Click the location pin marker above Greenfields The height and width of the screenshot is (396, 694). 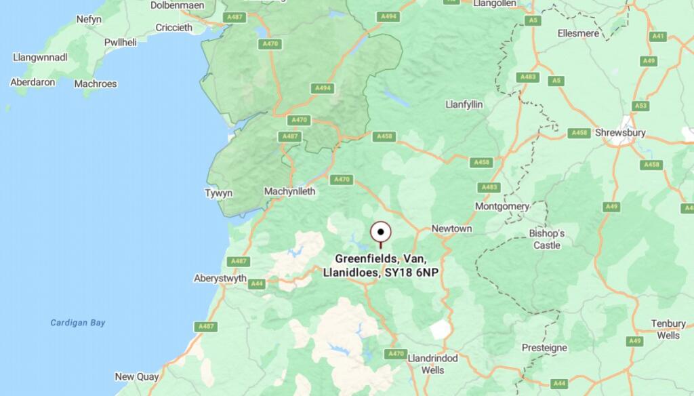(x=381, y=233)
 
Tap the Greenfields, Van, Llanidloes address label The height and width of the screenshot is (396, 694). (x=386, y=265)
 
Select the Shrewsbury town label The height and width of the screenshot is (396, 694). (x=619, y=132)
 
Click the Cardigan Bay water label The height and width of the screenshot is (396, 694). (x=78, y=323)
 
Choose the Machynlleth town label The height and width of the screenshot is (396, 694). (x=289, y=191)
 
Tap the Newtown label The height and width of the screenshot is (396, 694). (x=451, y=229)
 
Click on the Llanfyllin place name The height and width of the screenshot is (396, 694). (x=464, y=104)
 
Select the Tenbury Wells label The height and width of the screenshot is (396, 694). (x=668, y=329)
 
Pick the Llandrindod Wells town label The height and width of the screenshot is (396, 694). (x=433, y=363)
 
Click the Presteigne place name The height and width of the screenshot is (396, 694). (x=544, y=347)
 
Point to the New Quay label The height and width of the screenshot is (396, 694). (x=137, y=376)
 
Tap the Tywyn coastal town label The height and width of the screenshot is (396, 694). (x=219, y=193)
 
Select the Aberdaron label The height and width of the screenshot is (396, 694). (x=33, y=82)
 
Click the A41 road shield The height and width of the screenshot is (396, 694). (x=657, y=37)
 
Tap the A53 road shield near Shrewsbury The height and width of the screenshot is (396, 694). (x=640, y=106)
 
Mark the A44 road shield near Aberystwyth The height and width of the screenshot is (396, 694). (x=257, y=283)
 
